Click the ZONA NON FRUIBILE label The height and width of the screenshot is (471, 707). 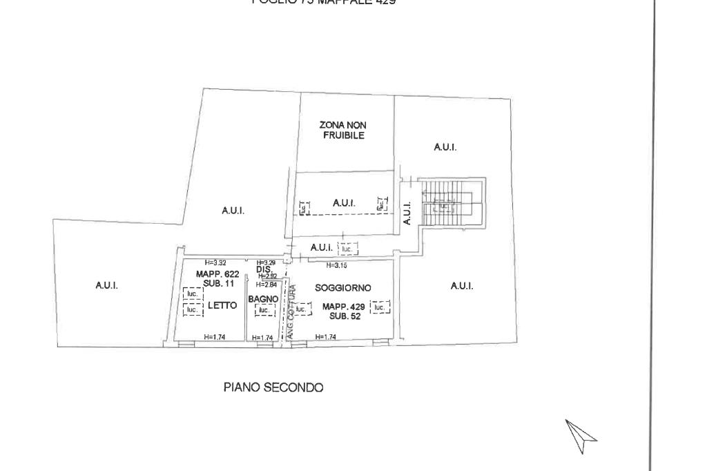[x=343, y=130]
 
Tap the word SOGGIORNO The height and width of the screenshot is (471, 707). [x=343, y=287]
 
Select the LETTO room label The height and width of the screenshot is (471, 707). [x=222, y=305]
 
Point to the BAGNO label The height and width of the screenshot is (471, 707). [x=263, y=299]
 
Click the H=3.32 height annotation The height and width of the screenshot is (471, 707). [x=216, y=262]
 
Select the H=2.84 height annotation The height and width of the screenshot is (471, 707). [x=266, y=284]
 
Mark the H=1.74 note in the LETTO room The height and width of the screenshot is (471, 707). [x=215, y=337]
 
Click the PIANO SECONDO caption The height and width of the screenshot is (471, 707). [x=273, y=387]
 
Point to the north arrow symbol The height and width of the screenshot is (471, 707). [x=581, y=436]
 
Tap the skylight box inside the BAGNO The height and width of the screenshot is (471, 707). [x=264, y=311]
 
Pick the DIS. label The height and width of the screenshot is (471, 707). [x=264, y=269]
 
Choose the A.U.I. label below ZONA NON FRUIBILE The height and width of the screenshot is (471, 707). [x=344, y=203]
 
